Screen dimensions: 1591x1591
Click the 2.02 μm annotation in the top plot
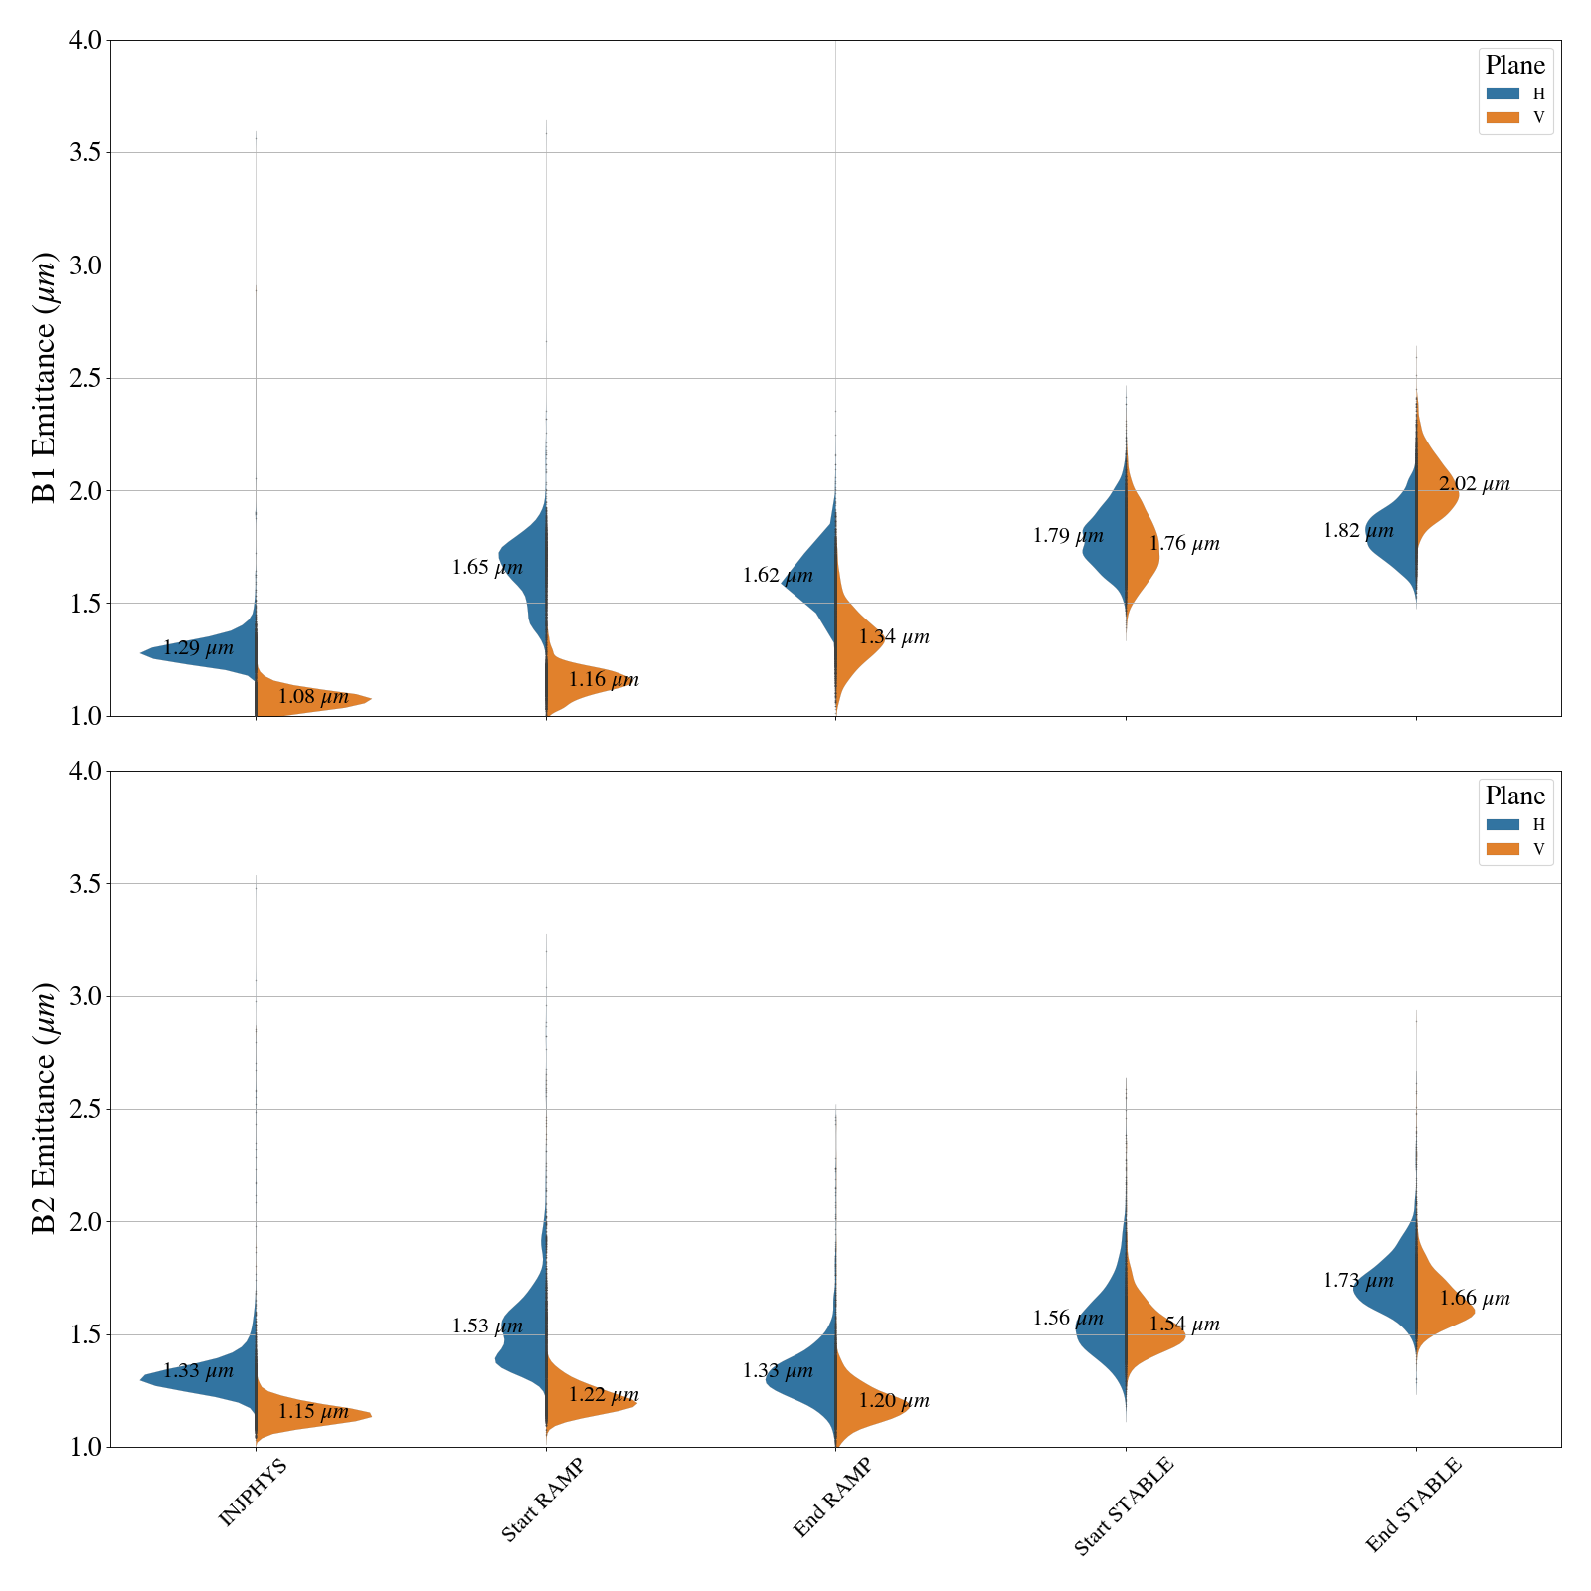click(1474, 485)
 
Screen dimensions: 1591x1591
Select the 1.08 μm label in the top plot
click(313, 697)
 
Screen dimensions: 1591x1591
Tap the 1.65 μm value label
click(487, 568)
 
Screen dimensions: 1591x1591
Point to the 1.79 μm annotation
click(1068, 536)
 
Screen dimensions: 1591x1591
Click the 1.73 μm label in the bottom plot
click(1358, 1281)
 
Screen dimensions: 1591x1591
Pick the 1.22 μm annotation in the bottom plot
click(604, 1395)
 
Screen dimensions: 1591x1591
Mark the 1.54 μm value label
click(1184, 1325)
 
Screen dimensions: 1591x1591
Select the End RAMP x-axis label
click(832, 1498)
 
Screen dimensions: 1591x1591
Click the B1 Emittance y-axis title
click(45, 378)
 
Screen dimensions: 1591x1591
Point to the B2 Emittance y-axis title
click(45, 1109)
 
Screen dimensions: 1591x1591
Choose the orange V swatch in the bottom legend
click(1503, 849)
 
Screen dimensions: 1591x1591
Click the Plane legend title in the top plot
click(1514, 66)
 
